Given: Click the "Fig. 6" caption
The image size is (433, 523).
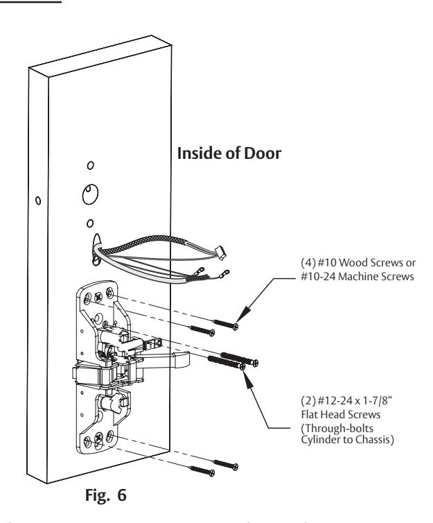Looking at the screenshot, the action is (105, 495).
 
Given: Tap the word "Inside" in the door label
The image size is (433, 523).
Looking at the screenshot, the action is (200, 153).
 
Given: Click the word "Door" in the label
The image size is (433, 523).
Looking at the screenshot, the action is (263, 153).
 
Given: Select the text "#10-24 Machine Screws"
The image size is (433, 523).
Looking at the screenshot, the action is (357, 277).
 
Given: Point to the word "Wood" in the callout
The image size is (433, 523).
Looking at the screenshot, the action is (353, 263).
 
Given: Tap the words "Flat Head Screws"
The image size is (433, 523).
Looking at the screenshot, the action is (341, 415).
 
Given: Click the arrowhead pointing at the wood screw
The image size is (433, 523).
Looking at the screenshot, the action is (243, 314).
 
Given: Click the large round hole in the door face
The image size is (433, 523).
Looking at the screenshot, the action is (90, 194).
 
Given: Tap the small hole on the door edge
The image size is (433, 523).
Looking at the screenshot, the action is (38, 200).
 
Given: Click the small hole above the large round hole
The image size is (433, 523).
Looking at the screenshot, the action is (90, 165).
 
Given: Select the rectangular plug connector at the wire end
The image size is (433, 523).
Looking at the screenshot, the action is (221, 252).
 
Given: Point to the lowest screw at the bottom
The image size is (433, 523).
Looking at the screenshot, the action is (202, 471).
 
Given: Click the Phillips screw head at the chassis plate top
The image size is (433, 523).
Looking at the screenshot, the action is (98, 296).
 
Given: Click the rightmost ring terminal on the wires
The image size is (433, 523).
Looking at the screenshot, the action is (224, 274).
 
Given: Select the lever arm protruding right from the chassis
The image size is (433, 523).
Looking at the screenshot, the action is (164, 359).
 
